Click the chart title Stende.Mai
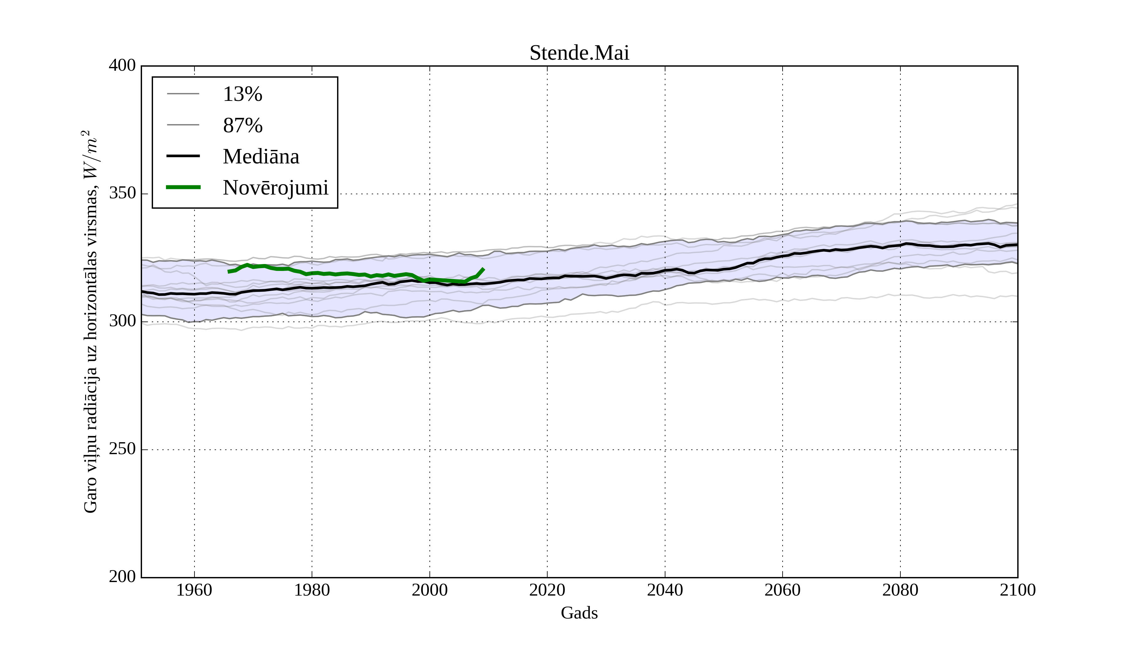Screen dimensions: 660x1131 click(579, 53)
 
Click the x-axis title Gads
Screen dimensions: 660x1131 click(579, 613)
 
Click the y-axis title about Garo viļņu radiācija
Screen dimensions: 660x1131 click(90, 322)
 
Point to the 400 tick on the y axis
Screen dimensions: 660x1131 click(122, 66)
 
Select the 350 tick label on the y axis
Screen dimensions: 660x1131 click(122, 194)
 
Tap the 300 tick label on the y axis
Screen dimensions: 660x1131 click(122, 322)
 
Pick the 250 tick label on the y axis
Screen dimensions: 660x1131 click(122, 449)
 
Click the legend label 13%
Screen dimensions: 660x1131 click(242, 94)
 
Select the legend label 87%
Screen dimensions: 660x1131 click(242, 125)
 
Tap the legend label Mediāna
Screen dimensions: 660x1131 click(261, 157)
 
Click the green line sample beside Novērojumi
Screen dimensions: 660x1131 click(183, 187)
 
